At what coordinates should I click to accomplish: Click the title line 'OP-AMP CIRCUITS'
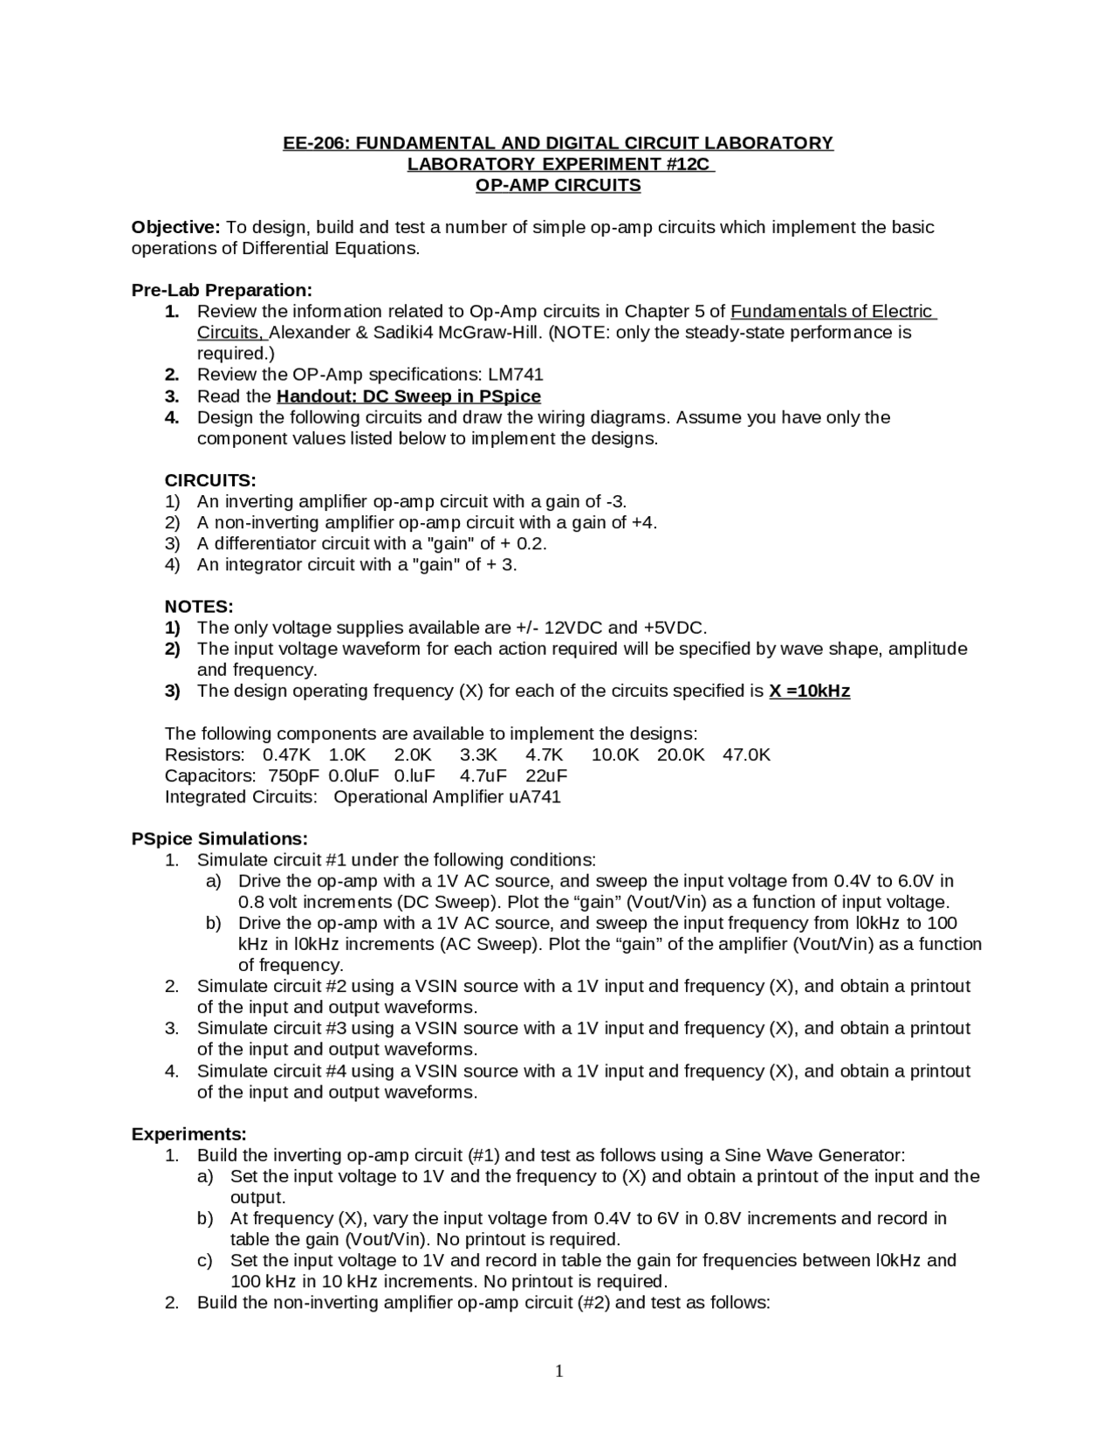click(558, 185)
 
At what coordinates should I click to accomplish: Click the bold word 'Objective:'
click(175, 227)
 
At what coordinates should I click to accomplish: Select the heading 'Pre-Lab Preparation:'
click(222, 290)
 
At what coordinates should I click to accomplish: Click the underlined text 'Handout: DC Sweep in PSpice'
click(408, 396)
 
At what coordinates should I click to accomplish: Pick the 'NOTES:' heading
click(199, 606)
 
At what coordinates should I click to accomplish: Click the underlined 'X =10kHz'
click(809, 692)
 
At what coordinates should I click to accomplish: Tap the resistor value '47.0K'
click(746, 754)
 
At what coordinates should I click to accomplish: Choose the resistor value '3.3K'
click(478, 754)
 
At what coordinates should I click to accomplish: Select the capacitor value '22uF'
click(546, 775)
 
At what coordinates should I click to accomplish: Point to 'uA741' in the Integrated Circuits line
click(534, 796)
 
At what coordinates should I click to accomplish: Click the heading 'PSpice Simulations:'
click(219, 839)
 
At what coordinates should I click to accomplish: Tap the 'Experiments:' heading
click(188, 1134)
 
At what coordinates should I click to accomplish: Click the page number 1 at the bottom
click(559, 1372)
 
